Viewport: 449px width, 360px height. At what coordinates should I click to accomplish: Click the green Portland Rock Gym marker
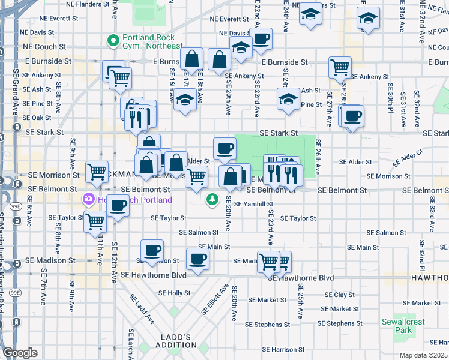[112, 41]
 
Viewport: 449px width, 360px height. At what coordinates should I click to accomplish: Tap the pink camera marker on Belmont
[89, 199]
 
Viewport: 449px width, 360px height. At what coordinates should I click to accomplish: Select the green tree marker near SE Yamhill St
[212, 199]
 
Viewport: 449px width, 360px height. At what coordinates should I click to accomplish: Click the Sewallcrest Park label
[403, 326]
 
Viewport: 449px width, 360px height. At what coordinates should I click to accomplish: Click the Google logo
[20, 353]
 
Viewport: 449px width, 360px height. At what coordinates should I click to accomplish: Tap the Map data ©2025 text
[423, 355]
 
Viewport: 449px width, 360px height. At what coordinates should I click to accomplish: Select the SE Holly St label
[174, 293]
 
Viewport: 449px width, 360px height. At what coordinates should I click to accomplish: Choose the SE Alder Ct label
[408, 158]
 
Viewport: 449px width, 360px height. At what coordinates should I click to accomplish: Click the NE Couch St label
[46, 46]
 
